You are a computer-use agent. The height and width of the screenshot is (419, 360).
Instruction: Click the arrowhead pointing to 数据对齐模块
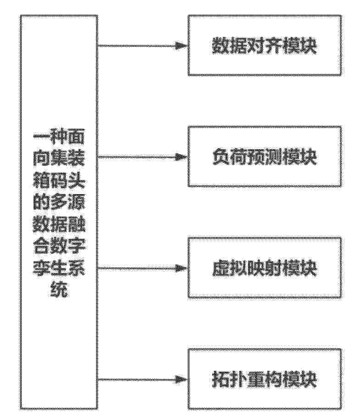pyautogui.click(x=181, y=46)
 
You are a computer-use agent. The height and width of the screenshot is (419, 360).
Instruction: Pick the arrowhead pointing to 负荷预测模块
pyautogui.click(x=181, y=157)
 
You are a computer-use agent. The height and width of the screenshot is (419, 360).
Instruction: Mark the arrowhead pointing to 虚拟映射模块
pyautogui.click(x=181, y=268)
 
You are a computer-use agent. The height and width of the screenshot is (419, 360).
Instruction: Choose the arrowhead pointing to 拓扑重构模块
pyautogui.click(x=181, y=380)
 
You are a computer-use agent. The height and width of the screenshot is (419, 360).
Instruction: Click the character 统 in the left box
pyautogui.click(x=59, y=289)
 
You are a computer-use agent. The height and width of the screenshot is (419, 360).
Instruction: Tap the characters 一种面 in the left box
pyautogui.click(x=59, y=138)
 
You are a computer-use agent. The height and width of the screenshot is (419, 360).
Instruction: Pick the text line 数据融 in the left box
pyautogui.click(x=59, y=224)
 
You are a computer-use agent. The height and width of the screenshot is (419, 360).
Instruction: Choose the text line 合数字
pyautogui.click(x=59, y=246)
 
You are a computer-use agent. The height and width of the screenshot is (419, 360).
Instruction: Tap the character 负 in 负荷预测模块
pyautogui.click(x=221, y=157)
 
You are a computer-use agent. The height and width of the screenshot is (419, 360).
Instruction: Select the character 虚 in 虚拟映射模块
pyautogui.click(x=221, y=268)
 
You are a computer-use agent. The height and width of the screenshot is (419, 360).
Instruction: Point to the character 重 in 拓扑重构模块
pyautogui.click(x=255, y=380)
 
